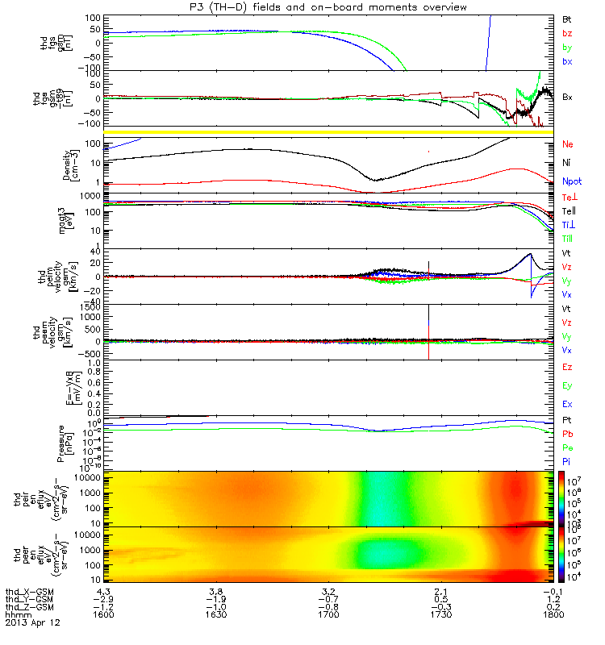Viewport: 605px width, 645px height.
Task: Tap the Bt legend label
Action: pos(566,18)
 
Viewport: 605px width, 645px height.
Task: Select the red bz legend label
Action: pos(566,32)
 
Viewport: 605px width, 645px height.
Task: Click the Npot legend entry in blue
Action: pos(570,182)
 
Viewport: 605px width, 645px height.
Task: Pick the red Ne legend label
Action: pos(567,145)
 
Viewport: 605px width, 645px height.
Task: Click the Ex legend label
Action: pos(567,404)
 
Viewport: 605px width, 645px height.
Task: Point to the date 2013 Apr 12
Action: pos(32,622)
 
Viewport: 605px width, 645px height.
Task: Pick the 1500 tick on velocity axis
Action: pos(90,306)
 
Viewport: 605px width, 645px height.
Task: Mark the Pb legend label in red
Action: pos(567,434)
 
